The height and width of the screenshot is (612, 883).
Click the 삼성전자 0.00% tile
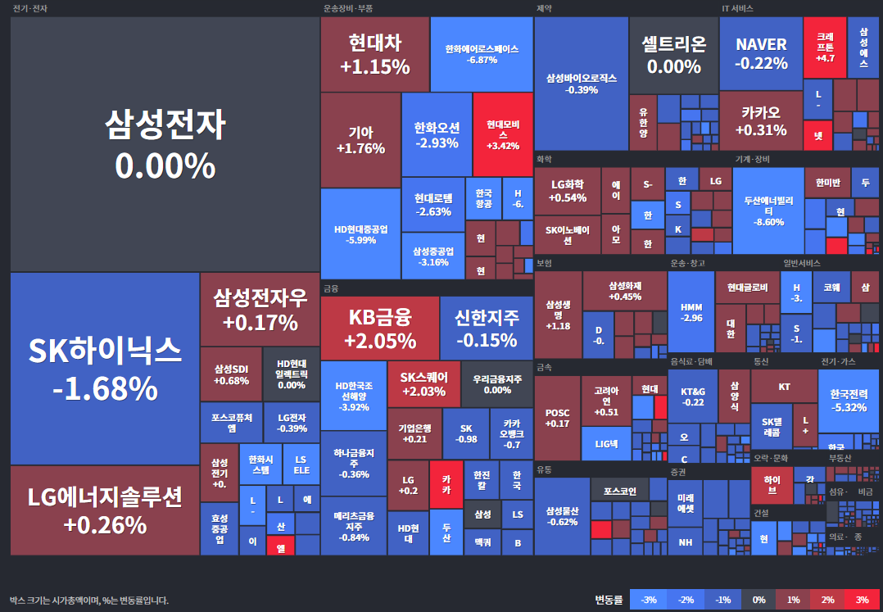coord(165,144)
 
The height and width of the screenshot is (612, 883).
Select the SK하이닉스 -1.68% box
coord(105,369)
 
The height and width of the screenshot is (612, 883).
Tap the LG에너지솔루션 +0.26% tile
coord(105,510)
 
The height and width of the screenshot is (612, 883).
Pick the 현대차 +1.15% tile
coord(374,54)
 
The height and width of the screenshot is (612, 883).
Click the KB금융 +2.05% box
coord(379,328)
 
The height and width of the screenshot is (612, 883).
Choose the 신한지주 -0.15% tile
coord(487,328)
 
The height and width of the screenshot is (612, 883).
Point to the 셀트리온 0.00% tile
coord(673,55)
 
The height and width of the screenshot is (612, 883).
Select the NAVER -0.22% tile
coord(760,53)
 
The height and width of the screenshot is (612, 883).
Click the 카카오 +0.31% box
coord(760,120)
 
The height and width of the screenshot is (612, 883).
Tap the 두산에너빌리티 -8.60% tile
coord(768,211)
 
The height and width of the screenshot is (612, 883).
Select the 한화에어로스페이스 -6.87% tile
coord(482,54)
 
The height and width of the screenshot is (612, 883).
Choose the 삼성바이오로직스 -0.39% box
coord(582,84)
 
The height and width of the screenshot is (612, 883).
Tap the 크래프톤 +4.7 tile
coord(824,47)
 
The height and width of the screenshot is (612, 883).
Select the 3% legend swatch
coord(862,600)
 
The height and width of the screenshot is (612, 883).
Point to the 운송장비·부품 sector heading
coord(348,8)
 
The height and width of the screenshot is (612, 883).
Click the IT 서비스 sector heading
coord(737,8)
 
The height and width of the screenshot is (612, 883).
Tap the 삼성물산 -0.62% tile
coord(562,516)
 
